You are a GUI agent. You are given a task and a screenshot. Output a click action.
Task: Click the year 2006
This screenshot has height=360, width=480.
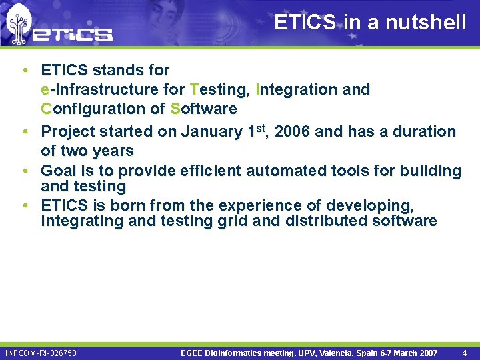point(292,132)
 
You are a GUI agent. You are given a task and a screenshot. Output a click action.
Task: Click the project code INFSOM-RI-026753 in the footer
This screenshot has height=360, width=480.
point(41,353)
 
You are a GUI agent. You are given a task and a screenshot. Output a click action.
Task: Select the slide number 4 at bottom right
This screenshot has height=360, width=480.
point(464,353)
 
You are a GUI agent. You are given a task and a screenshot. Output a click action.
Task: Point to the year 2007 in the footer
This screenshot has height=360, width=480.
point(427,353)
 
